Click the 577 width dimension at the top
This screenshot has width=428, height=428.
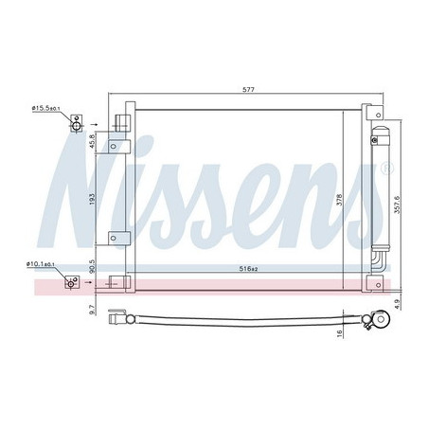pyautogui.click(x=248, y=89)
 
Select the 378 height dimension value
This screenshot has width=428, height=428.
pyautogui.click(x=339, y=200)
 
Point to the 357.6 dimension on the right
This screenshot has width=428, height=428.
pyautogui.click(x=397, y=205)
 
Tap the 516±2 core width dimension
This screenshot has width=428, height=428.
pyautogui.click(x=248, y=269)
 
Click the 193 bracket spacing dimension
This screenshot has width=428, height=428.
pyautogui.click(x=92, y=199)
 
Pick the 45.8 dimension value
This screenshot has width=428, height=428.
pyautogui.click(x=92, y=141)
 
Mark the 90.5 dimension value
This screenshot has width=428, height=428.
pyautogui.click(x=92, y=266)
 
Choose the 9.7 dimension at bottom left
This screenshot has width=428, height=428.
pyautogui.click(x=92, y=310)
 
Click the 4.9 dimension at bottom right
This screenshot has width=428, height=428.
pyautogui.click(x=398, y=304)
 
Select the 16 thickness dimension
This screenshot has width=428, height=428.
pyautogui.click(x=340, y=333)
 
